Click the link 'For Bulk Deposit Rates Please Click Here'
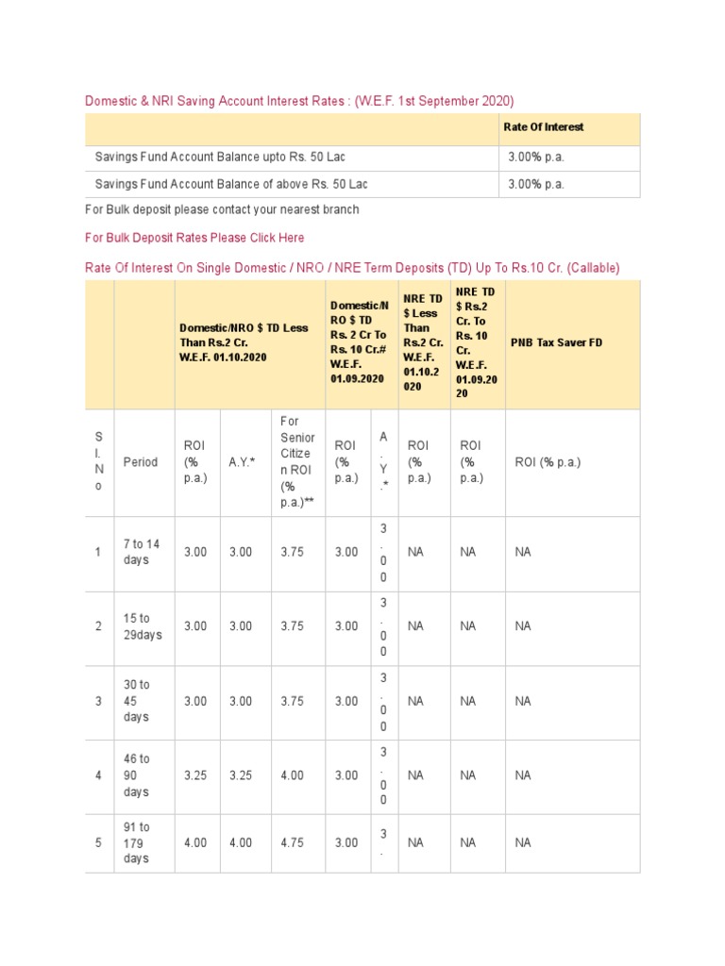point(194,238)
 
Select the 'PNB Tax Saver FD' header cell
point(556,342)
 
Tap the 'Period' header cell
point(141,462)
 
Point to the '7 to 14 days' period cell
point(142,552)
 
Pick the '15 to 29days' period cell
point(143,626)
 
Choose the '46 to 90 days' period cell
point(137,775)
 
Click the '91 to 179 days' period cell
point(137,842)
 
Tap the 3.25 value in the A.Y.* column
point(241,775)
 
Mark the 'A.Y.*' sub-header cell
point(242,462)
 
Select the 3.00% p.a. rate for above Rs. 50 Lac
point(535,184)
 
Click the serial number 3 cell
point(97,701)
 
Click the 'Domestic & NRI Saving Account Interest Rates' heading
point(299,101)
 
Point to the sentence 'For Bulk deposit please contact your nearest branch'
point(222,209)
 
